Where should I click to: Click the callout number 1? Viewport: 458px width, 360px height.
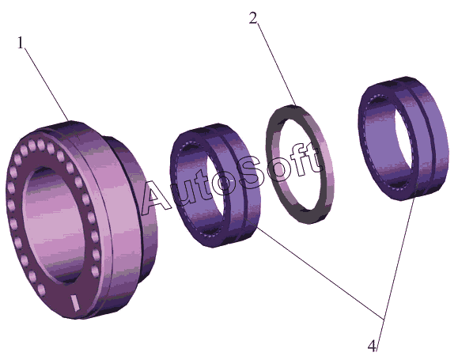click(x=20, y=43)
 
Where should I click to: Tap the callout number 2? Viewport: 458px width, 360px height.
click(x=254, y=18)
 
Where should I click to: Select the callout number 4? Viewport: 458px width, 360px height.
click(x=372, y=347)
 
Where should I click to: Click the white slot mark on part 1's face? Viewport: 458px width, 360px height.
click(x=75, y=302)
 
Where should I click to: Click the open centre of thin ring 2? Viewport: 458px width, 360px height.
click(x=298, y=165)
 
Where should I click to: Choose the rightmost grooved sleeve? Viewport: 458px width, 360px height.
click(x=403, y=138)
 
